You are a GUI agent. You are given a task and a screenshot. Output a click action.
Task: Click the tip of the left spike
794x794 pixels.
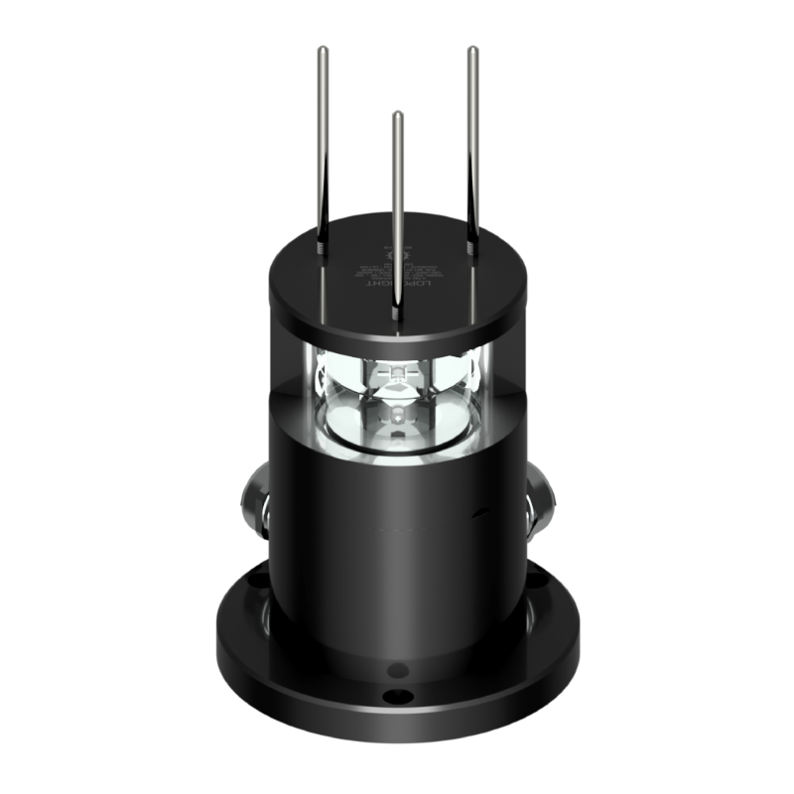(x=324, y=48)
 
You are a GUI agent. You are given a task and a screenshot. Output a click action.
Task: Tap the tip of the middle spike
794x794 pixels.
(x=397, y=114)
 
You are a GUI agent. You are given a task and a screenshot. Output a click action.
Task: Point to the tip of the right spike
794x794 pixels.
(x=471, y=48)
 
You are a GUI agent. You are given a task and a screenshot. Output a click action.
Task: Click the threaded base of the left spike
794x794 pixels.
(x=324, y=237)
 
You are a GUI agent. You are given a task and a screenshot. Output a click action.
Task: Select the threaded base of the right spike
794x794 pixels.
(x=471, y=238)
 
